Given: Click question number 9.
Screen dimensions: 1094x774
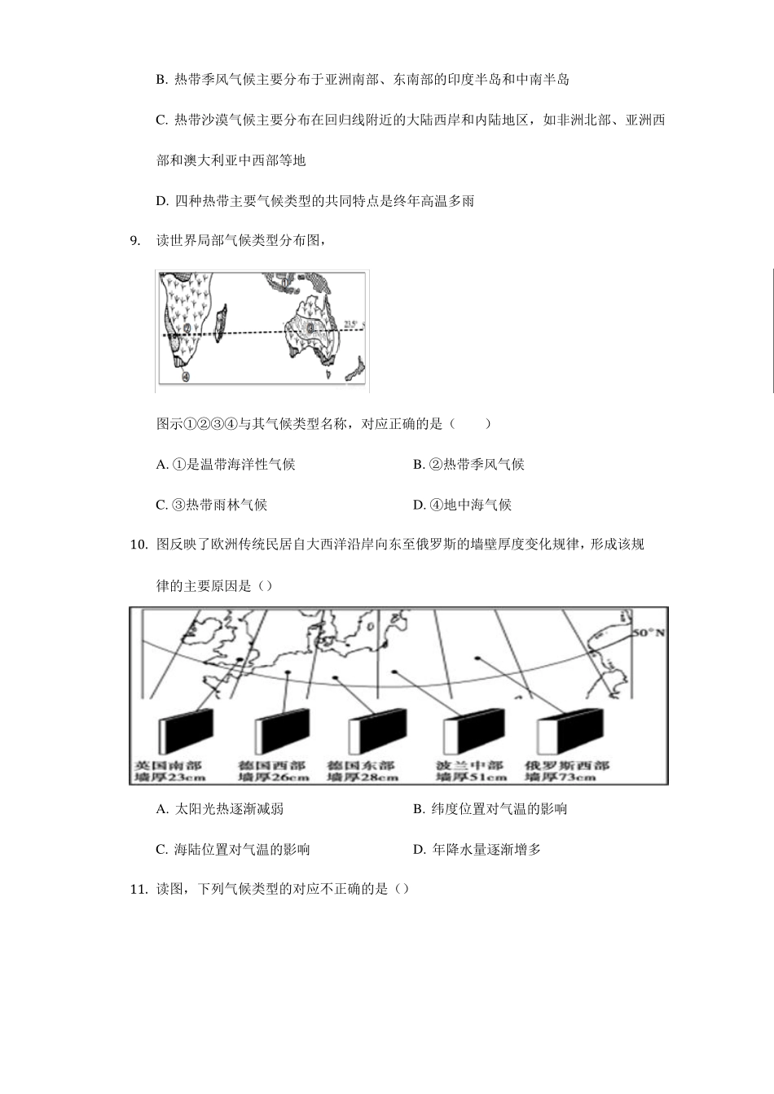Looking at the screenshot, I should click(135, 240).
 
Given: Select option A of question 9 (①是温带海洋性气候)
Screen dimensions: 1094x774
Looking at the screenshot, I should click(226, 464).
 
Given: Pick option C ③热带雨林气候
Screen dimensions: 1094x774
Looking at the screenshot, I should click(212, 505).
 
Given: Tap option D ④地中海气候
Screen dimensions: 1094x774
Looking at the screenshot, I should click(462, 505).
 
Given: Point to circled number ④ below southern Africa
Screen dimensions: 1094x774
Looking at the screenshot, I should click(186, 377).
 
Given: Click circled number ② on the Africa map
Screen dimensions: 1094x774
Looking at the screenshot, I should click(187, 329).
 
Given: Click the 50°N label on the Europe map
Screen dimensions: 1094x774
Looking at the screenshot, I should click(649, 632).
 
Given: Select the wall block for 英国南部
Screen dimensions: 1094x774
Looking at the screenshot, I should click(186, 731).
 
